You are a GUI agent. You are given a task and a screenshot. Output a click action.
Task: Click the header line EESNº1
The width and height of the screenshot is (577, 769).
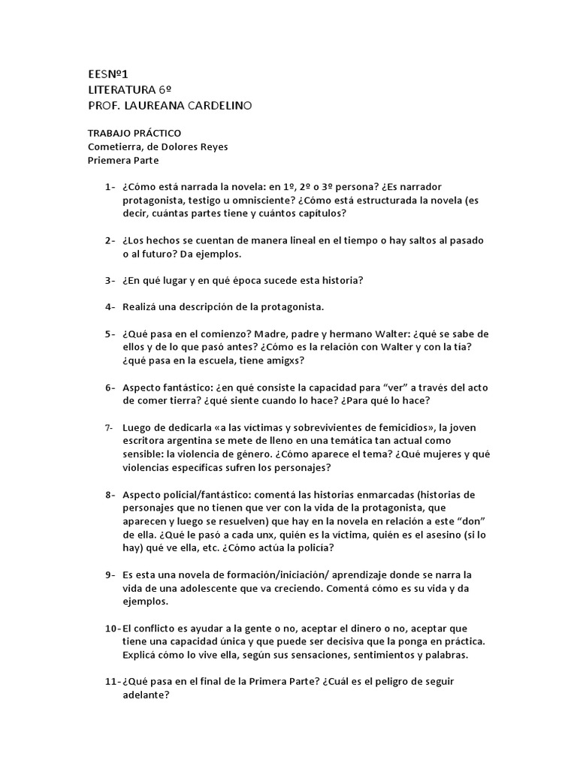pyautogui.click(x=109, y=74)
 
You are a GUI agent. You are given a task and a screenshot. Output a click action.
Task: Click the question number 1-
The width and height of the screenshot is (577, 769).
pyautogui.click(x=110, y=186)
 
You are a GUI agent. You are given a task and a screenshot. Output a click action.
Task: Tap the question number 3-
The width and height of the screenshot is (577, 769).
pyautogui.click(x=110, y=280)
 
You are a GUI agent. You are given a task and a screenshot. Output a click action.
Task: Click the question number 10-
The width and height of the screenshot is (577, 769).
pyautogui.click(x=111, y=628)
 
